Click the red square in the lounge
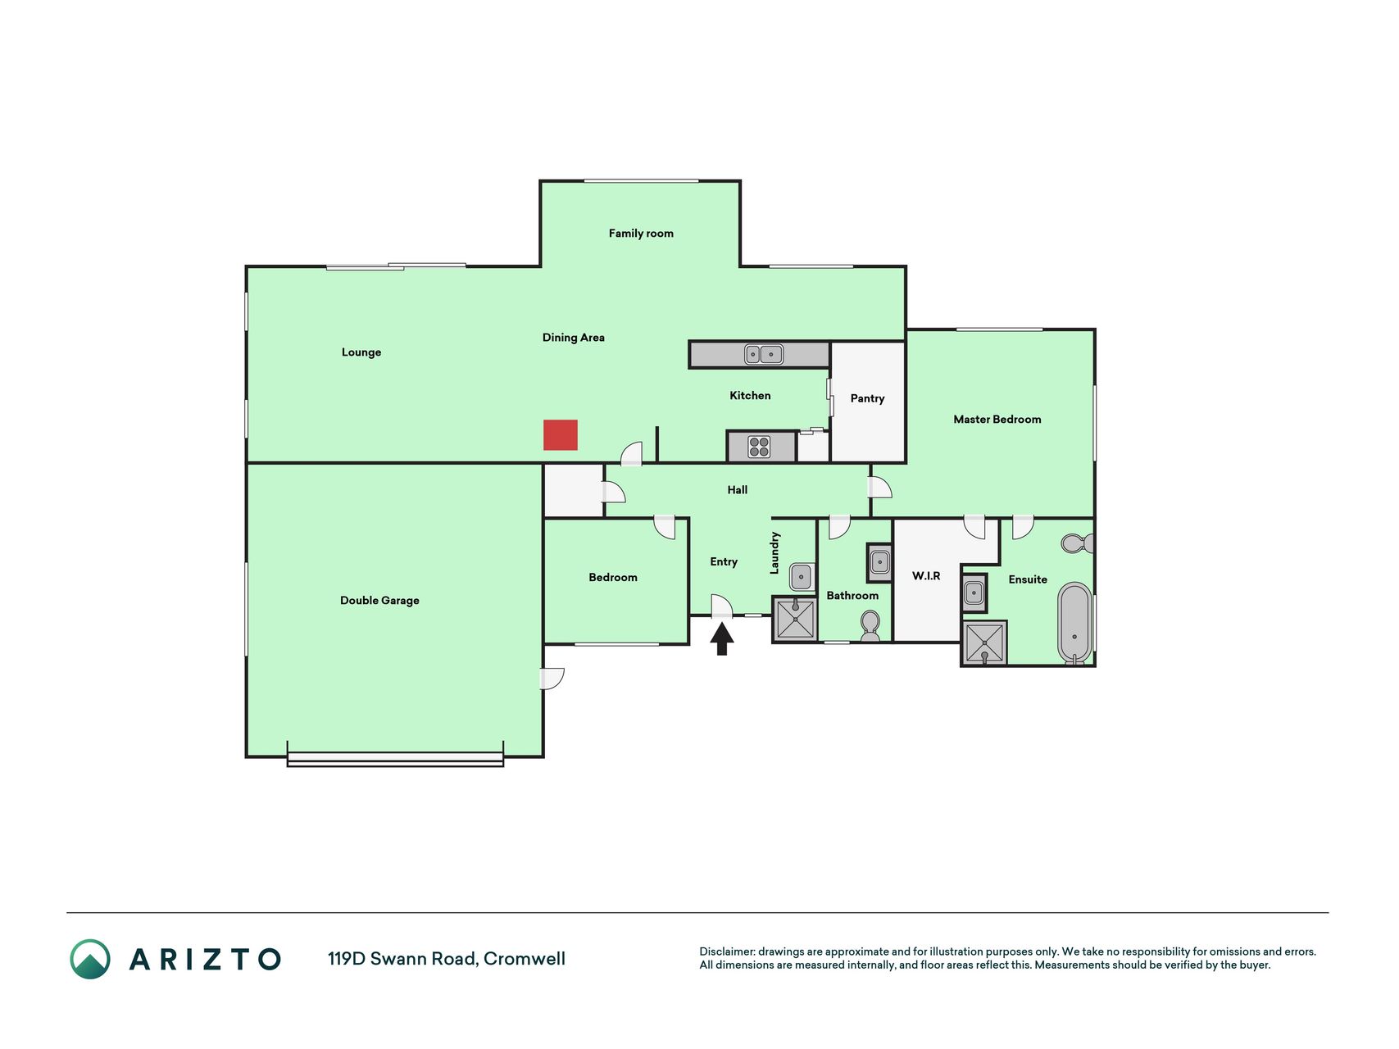(x=561, y=435)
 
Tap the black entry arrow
(x=721, y=639)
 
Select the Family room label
(x=641, y=234)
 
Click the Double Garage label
(x=379, y=601)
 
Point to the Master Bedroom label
(x=997, y=420)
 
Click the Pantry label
(x=867, y=399)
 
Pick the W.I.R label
(x=926, y=576)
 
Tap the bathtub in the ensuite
(x=1074, y=623)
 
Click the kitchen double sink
(x=764, y=354)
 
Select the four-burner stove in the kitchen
(x=760, y=447)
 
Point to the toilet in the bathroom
(x=870, y=627)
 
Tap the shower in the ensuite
(x=984, y=643)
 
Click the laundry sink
(x=802, y=576)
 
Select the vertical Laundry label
(x=774, y=553)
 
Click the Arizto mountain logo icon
(x=90, y=959)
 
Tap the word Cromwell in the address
(x=525, y=959)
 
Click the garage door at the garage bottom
(x=395, y=760)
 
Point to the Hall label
(x=738, y=490)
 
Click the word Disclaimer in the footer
(x=727, y=951)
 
